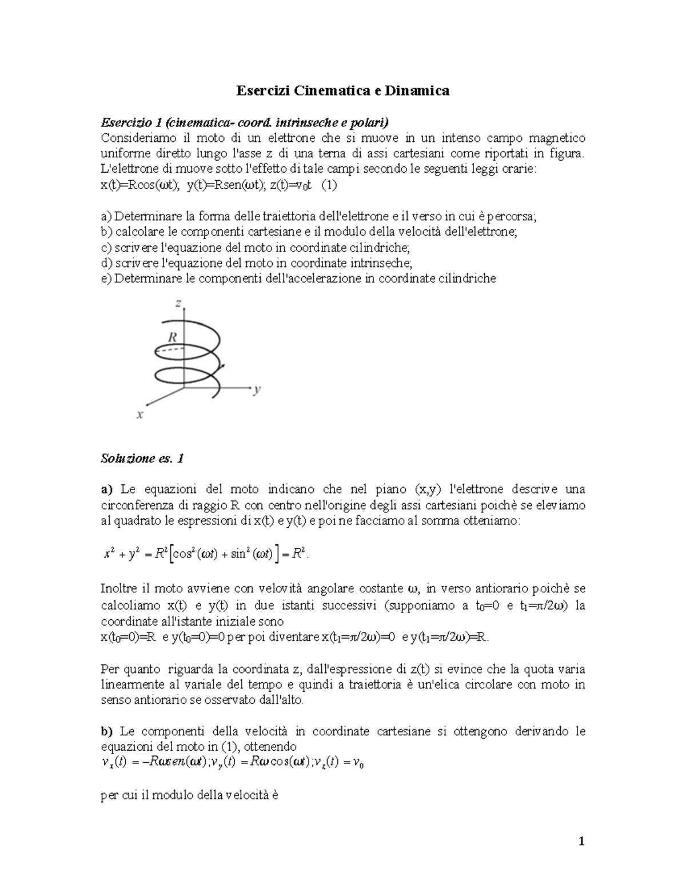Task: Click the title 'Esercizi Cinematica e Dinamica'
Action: tap(344, 90)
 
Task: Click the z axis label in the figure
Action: tap(178, 304)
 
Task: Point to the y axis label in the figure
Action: tap(257, 390)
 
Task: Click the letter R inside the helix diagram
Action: tap(171, 337)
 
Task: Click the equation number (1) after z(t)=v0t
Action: tap(329, 185)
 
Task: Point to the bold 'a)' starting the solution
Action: tap(107, 489)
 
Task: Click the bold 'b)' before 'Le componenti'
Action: tap(107, 731)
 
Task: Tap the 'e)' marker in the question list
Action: tap(106, 278)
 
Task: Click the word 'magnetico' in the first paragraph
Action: tap(559, 138)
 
